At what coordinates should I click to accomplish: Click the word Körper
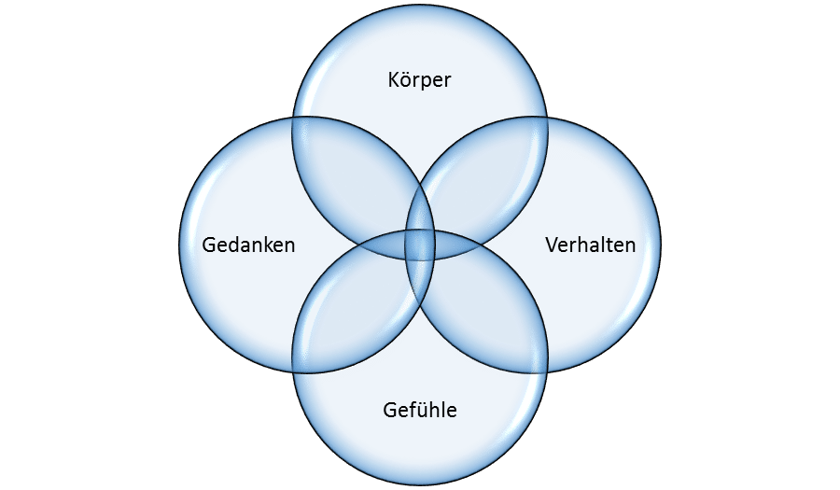pyautogui.click(x=419, y=79)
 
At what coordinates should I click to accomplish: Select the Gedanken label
pyautogui.click(x=248, y=245)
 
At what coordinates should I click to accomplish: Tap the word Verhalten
pyautogui.click(x=591, y=245)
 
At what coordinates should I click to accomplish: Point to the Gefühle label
pyautogui.click(x=420, y=410)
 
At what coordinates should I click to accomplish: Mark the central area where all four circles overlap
pyautogui.click(x=420, y=245)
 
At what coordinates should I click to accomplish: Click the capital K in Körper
pyautogui.click(x=393, y=79)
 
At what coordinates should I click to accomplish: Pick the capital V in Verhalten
pyautogui.click(x=552, y=245)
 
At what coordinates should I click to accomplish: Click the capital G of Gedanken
pyautogui.click(x=208, y=245)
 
